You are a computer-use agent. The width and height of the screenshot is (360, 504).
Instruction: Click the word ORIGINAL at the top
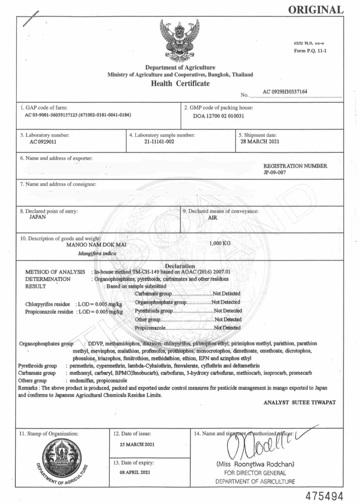tap(316, 10)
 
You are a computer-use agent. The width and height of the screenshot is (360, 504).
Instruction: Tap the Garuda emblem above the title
tap(180, 40)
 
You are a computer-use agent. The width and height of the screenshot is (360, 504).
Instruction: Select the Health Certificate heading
tap(180, 83)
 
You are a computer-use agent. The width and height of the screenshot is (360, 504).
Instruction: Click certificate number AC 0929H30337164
tap(285, 92)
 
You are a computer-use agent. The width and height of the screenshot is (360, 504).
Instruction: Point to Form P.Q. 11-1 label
tap(310, 51)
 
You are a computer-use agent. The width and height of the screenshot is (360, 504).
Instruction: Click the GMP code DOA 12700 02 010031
tap(218, 116)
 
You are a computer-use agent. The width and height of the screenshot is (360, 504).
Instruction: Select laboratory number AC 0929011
tap(43, 142)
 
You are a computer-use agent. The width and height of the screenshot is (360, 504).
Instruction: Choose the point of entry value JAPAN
tap(37, 217)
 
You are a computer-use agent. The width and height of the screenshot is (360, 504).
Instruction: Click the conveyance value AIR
tap(213, 218)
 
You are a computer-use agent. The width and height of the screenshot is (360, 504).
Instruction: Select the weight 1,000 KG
tap(220, 243)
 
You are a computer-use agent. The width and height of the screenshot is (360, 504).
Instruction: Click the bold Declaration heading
tap(180, 266)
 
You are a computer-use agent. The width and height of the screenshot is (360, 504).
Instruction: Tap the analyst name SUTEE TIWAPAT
tap(314, 402)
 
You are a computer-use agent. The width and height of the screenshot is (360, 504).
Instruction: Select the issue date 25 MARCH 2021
tap(137, 445)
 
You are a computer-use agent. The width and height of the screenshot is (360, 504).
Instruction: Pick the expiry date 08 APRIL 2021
tap(135, 472)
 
